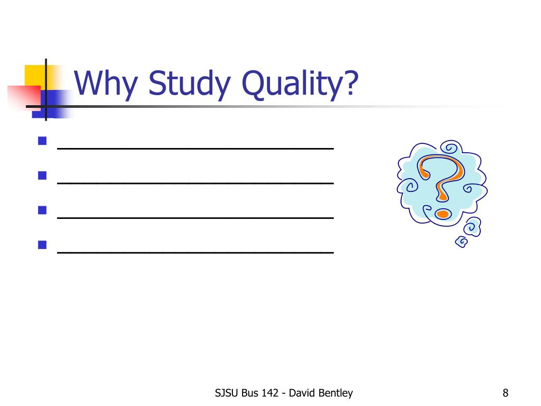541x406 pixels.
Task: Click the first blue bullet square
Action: tap(43, 142)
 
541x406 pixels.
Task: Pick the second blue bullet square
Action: tap(43, 176)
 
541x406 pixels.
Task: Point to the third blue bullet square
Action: tap(43, 210)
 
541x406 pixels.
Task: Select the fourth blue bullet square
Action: tap(43, 245)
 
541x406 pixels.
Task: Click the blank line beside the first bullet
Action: tap(195, 149)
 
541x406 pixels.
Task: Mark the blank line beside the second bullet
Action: tap(195, 183)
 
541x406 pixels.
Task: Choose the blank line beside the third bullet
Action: tap(195, 217)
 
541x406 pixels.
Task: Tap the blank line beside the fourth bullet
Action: tap(195, 252)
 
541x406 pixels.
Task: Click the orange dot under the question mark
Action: tap(442, 214)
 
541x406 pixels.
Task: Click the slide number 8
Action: tap(506, 393)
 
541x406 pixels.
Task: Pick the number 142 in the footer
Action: tap(269, 393)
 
